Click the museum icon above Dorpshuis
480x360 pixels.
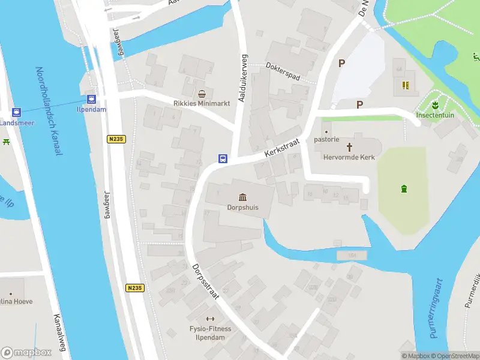[x=242, y=197]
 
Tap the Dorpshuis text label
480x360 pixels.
[x=242, y=208]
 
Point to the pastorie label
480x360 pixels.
[x=327, y=140]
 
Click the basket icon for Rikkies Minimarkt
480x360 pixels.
[x=202, y=94]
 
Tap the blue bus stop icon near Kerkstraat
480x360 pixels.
[x=223, y=159]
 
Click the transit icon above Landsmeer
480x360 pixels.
[x=16, y=112]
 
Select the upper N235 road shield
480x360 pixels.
[x=116, y=139]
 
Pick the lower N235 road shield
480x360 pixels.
[x=135, y=288]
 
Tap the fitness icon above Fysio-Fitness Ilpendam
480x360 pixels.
[x=210, y=319]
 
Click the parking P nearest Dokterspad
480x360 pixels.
[x=342, y=62]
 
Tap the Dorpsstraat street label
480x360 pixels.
[x=205, y=281]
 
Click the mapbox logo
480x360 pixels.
[x=25, y=353]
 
